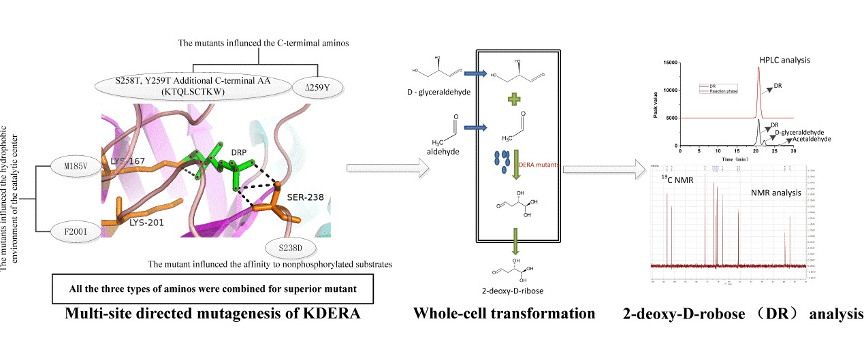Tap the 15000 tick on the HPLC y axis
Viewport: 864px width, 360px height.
point(671,63)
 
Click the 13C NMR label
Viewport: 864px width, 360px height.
point(676,178)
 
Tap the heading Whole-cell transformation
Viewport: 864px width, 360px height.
point(504,314)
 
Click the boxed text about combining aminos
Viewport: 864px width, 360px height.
point(214,288)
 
